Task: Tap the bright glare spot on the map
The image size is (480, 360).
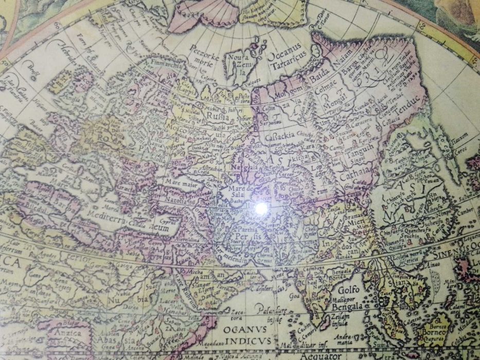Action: coord(261,207)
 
